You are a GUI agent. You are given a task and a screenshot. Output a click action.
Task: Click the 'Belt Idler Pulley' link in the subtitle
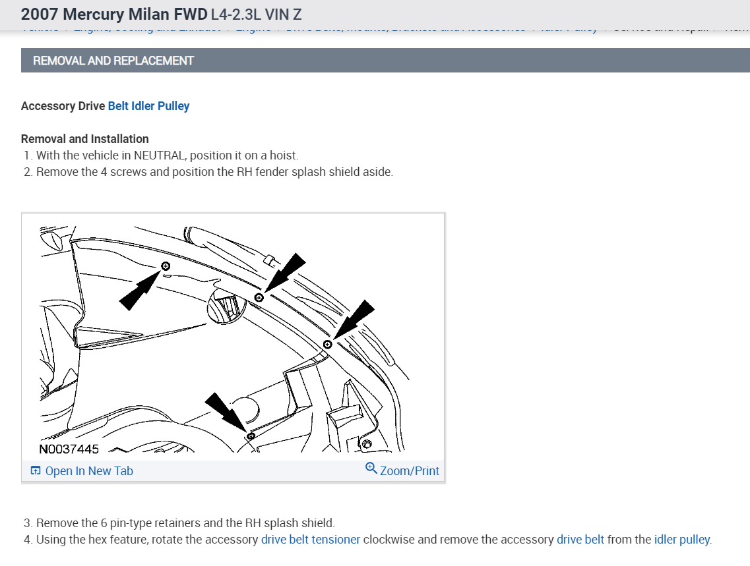point(148,106)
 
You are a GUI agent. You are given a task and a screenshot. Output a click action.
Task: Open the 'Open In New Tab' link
point(88,471)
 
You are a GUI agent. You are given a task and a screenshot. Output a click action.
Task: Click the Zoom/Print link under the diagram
point(409,471)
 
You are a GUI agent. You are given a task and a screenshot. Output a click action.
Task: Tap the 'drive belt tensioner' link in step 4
point(311,540)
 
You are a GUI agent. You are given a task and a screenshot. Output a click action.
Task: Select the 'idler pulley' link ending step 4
point(682,540)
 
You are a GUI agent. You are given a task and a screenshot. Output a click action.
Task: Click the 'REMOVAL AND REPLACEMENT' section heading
point(113,61)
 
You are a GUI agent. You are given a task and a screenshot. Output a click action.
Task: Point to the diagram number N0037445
point(69,449)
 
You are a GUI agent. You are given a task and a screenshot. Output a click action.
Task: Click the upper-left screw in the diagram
point(166,266)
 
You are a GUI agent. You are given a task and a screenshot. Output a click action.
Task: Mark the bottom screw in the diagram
point(250,436)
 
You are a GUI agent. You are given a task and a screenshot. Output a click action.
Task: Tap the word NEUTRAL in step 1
point(160,156)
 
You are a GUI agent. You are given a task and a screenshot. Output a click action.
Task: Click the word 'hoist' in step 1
point(283,156)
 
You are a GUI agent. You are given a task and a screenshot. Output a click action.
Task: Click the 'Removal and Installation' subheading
point(85,139)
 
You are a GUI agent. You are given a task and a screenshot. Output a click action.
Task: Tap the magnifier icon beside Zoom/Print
point(371,468)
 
